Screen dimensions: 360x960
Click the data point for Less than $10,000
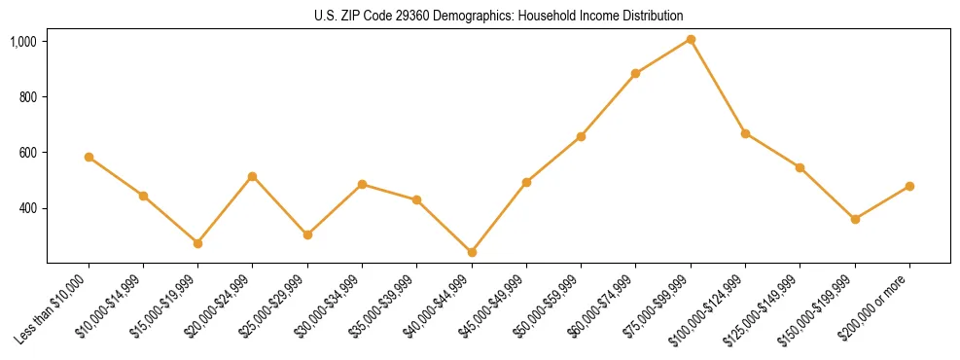click(89, 157)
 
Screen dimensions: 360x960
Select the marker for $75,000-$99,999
click(691, 39)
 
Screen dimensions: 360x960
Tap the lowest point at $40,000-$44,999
click(472, 252)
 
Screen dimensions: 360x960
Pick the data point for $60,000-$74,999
click(635, 73)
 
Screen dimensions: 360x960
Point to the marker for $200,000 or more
click(909, 186)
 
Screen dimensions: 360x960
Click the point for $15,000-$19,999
click(197, 243)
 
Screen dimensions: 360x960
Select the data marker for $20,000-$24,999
click(252, 176)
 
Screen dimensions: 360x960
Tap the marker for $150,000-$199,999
click(855, 219)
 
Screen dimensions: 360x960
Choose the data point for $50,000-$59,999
click(581, 136)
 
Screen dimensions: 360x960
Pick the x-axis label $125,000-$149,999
click(764, 308)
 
